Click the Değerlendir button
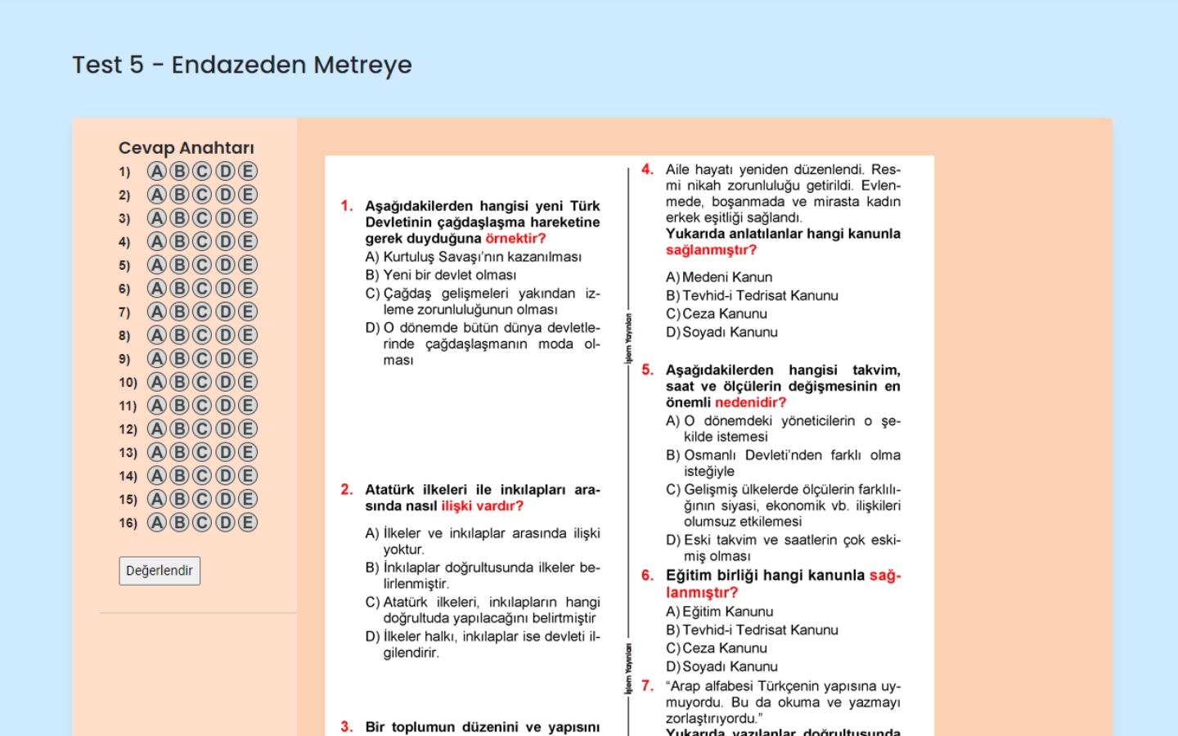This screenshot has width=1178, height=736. point(160,571)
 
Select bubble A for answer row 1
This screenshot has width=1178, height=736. point(156,171)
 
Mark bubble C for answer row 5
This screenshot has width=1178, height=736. point(202,265)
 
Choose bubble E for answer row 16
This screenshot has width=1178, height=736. point(248,523)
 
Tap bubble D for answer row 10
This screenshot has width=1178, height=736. point(225,382)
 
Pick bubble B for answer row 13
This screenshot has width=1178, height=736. point(179,452)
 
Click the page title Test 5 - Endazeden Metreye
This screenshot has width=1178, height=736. point(242,65)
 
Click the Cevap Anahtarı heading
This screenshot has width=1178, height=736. point(187,148)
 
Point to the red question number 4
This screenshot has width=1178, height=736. point(647,169)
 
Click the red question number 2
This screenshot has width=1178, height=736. point(347,489)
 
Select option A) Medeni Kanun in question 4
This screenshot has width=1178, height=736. point(720,277)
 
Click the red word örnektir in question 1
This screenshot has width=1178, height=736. point(515,238)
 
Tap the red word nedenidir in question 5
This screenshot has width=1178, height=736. point(750,402)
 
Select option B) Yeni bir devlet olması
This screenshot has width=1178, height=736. point(442,275)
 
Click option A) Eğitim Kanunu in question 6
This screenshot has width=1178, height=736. point(720,612)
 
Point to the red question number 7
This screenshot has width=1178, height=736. point(647,685)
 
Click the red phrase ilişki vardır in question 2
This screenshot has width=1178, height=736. point(482,505)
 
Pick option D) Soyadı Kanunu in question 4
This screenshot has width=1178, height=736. point(722,332)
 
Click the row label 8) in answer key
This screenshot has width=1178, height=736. point(124,335)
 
